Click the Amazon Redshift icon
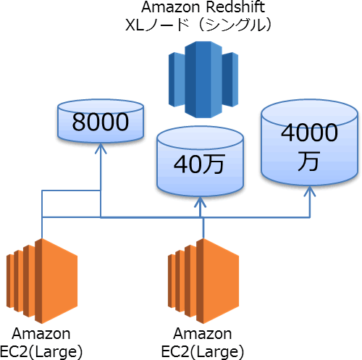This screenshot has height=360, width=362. (x=203, y=80)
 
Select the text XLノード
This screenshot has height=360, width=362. (x=157, y=25)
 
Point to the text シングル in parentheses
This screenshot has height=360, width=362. (x=236, y=25)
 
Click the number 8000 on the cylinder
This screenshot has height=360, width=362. (x=101, y=122)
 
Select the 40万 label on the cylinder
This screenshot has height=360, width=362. (x=200, y=164)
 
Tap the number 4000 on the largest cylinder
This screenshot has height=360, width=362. (x=309, y=133)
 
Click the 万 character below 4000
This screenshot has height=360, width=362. (x=309, y=161)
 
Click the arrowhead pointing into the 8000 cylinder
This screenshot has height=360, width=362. (x=101, y=148)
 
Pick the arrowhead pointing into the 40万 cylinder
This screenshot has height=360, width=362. (x=200, y=202)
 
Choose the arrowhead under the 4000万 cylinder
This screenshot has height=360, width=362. (x=310, y=191)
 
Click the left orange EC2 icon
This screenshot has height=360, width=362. (x=42, y=281)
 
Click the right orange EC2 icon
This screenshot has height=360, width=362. (x=203, y=281)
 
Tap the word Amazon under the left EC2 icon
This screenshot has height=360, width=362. (x=41, y=334)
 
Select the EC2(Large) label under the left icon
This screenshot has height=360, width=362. (x=41, y=351)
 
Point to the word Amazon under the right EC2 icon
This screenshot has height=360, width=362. (x=203, y=334)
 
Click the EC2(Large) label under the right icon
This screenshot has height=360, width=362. (x=203, y=351)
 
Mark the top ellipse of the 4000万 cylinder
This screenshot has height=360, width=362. (x=310, y=113)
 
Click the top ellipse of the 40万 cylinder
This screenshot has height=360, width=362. (x=200, y=138)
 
